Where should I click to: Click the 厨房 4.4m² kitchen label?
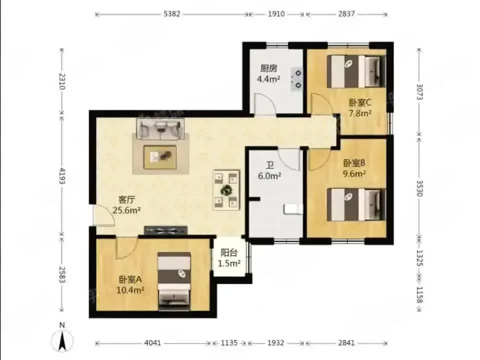click(269, 73)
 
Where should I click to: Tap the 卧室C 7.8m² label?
click(359, 108)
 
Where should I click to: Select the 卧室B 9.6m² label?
click(354, 168)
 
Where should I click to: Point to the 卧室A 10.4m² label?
click(131, 284)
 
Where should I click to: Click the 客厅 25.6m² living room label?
click(125, 205)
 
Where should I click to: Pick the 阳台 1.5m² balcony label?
click(229, 258)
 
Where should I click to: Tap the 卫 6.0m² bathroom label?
click(269, 170)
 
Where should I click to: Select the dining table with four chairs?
click(226, 189)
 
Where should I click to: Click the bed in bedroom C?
click(356, 71)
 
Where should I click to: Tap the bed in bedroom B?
click(356, 204)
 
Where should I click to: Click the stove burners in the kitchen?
click(298, 79)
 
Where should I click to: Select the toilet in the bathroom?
click(292, 209)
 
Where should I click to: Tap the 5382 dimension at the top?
click(172, 14)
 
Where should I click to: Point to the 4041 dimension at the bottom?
click(152, 343)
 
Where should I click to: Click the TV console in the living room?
click(165, 230)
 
